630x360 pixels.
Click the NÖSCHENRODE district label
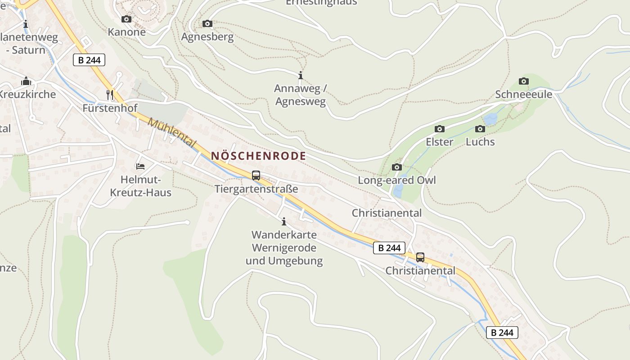258,156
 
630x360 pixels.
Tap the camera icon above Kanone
126,19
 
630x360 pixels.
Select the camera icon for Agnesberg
207,23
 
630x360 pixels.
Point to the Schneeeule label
523,94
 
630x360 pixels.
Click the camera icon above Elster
440,129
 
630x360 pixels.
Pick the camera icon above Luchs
480,129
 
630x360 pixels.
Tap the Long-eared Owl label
396,180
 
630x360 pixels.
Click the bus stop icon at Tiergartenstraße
256,175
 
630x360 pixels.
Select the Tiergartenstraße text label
256,189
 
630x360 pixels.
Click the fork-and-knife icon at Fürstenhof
110,94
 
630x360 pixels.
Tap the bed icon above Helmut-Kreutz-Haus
140,166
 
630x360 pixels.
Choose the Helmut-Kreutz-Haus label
140,186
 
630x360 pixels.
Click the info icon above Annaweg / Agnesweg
301,75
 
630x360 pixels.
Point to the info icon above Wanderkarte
284,221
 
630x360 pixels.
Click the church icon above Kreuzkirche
26,81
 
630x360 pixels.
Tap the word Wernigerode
284,248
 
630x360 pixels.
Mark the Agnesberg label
207,37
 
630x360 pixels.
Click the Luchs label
480,142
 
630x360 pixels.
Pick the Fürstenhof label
109,108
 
